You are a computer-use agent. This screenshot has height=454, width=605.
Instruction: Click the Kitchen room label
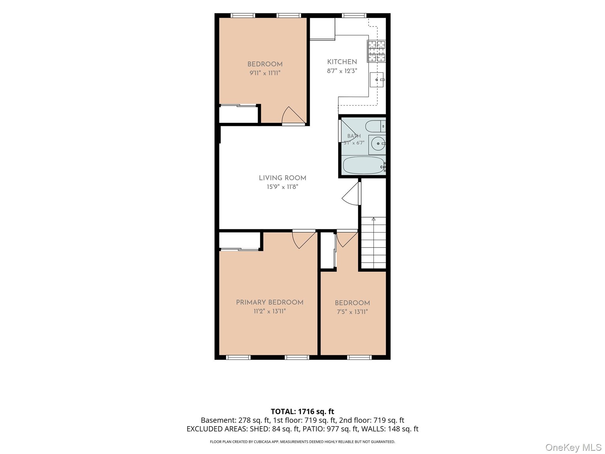coord(342,62)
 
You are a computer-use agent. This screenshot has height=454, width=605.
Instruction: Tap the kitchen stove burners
coord(377,51)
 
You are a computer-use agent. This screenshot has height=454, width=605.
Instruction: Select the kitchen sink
coord(377,80)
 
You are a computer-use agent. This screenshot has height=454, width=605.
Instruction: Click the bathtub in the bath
coord(364,165)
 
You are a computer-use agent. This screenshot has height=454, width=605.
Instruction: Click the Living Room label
coord(282,178)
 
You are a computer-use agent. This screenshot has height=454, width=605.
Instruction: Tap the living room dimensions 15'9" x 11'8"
coord(282,187)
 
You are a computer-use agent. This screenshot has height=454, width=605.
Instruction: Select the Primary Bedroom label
coord(270,302)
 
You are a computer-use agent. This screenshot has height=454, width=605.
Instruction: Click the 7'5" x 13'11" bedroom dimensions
coord(352,312)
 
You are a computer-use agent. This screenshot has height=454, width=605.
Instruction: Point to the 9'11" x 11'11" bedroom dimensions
coord(265,73)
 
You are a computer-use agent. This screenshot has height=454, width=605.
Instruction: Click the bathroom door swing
coord(348,131)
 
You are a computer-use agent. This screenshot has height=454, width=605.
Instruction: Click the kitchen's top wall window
coord(354,15)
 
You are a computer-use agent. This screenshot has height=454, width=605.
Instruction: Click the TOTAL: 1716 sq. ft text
coord(302,411)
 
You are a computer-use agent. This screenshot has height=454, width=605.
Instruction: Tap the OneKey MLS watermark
coord(573,447)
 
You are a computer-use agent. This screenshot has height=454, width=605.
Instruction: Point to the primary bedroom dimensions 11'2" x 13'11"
coord(270,311)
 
